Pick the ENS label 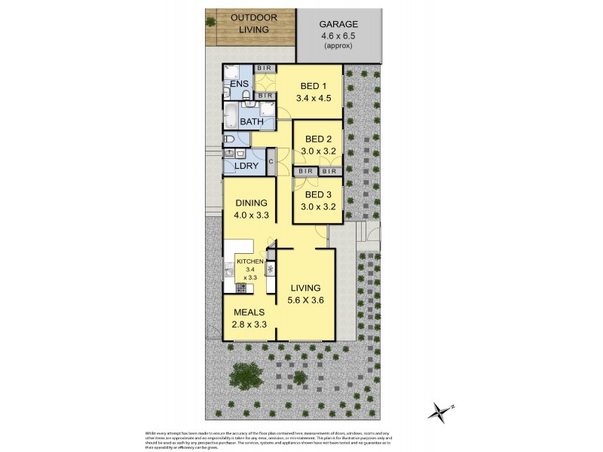(240, 84)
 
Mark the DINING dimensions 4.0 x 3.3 (249, 215)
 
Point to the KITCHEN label (249, 261)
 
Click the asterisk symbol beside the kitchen (271, 269)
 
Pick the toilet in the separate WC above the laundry (229, 139)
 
